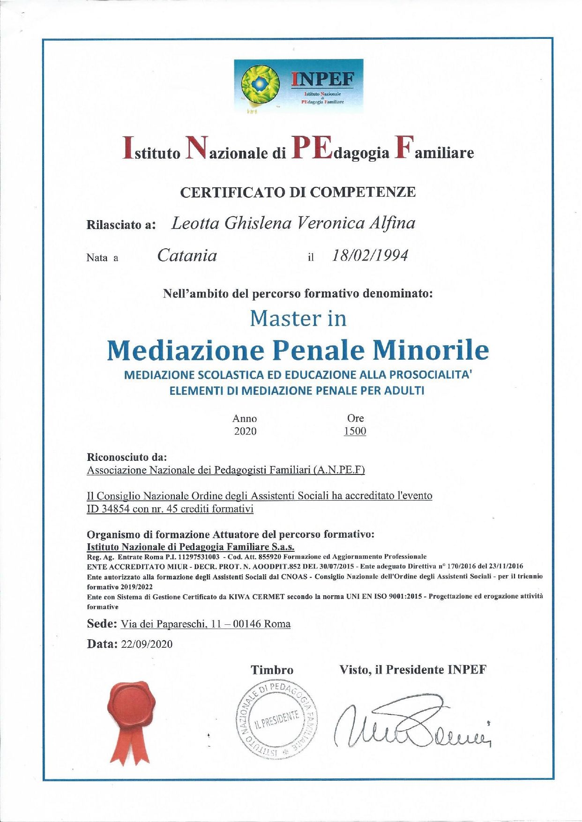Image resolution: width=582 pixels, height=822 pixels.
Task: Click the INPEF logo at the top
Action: [x=298, y=86]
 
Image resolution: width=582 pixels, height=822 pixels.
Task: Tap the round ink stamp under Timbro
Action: [x=276, y=716]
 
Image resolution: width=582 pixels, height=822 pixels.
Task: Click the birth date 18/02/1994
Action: [x=370, y=256]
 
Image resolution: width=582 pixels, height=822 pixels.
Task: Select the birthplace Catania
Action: [x=187, y=256]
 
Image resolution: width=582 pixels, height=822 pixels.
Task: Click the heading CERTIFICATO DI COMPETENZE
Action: [x=298, y=192]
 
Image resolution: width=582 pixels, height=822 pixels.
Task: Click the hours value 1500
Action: [x=355, y=431]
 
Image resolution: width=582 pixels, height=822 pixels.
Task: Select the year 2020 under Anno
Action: [x=245, y=431]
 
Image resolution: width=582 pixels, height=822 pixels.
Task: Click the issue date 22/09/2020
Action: [x=147, y=644]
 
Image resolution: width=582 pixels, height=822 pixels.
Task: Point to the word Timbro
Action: [x=272, y=670]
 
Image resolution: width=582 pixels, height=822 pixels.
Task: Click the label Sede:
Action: [x=102, y=624]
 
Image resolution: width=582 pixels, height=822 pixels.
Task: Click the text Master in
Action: [x=298, y=318]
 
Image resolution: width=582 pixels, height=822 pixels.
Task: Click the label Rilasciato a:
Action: [x=121, y=225]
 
